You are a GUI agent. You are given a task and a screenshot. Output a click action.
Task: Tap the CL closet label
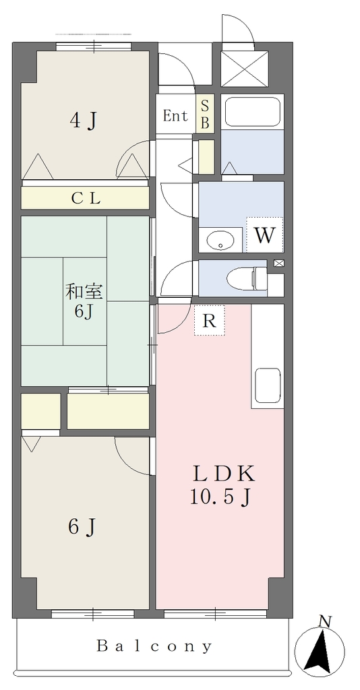coord(86,199)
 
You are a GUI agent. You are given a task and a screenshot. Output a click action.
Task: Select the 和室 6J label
coord(84,301)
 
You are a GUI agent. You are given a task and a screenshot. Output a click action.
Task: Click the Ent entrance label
coord(175,116)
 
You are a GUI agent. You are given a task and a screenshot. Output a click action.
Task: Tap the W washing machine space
coord(265,235)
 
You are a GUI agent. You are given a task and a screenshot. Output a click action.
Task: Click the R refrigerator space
coord(210,320)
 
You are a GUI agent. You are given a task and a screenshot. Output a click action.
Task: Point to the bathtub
coord(252,111)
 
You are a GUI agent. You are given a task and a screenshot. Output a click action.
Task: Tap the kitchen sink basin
coord(268,385)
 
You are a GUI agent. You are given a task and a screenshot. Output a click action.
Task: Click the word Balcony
coord(154,646)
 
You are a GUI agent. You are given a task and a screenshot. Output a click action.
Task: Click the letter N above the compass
coord(325,621)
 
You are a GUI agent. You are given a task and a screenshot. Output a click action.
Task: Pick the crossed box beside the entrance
coord(244,68)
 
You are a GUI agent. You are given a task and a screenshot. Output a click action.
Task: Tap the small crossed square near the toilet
coord(280,263)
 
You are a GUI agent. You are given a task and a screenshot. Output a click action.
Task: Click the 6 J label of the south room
coord(82,527)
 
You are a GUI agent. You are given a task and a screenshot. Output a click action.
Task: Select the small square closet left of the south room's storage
coord(40,411)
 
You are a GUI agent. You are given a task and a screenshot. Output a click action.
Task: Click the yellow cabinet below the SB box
coord(206,156)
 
